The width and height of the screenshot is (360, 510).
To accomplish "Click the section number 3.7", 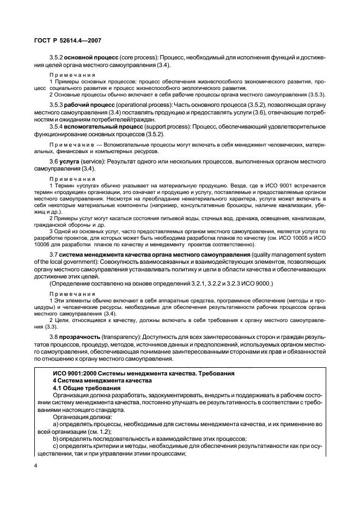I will [x=53, y=256].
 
